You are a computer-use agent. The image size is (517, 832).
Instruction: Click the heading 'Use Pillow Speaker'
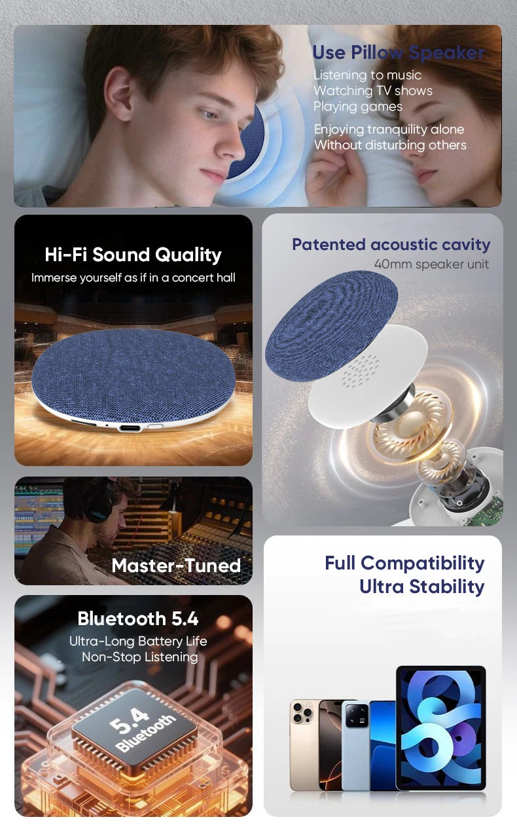tap(398, 52)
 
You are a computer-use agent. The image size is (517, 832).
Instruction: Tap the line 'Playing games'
tap(357, 106)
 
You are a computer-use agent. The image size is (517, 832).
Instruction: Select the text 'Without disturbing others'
tap(390, 145)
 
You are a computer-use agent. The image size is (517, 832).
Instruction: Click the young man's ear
tap(120, 97)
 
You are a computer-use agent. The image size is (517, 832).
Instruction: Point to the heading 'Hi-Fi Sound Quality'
tap(133, 255)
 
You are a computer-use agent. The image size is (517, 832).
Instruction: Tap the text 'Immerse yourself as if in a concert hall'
tap(133, 278)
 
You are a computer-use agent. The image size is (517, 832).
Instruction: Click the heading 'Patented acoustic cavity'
tap(391, 245)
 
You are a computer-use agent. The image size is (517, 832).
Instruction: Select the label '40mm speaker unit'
tap(431, 264)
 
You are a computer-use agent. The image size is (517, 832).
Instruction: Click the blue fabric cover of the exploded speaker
tap(330, 324)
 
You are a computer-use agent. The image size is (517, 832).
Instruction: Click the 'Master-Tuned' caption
tap(176, 566)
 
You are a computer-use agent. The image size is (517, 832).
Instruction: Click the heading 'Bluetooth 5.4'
tap(137, 619)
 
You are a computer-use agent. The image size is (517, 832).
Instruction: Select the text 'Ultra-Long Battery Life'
tap(138, 642)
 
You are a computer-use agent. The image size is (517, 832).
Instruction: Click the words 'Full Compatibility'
tap(404, 563)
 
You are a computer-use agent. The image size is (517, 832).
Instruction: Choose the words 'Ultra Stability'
tap(421, 587)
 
